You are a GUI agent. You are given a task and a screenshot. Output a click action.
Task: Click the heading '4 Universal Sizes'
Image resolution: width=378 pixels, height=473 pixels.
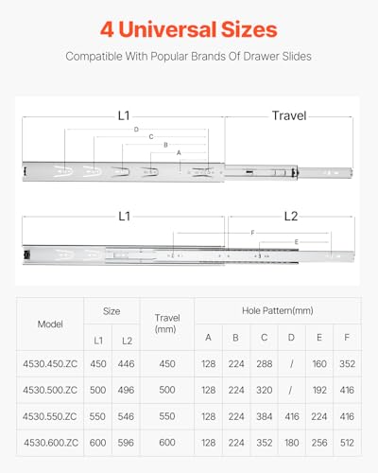[189, 28]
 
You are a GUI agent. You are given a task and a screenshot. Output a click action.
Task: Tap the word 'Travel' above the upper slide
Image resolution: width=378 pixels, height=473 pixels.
[289, 115]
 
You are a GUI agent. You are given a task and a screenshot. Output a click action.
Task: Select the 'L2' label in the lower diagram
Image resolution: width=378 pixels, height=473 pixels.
[291, 217]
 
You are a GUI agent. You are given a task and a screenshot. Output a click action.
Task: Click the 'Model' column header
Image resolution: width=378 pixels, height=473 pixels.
[50, 324]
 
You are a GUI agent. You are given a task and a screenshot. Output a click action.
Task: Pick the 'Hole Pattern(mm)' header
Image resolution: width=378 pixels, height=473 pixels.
[276, 309]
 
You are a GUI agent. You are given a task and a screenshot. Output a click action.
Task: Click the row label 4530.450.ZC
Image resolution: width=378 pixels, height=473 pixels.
[50, 364]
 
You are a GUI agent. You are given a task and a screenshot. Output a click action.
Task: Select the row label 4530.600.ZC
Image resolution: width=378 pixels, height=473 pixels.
[50, 442]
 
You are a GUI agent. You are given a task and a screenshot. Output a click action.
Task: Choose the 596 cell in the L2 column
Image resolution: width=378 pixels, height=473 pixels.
[126, 442]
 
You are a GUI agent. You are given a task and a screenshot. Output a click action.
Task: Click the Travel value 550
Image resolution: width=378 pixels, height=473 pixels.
[166, 415]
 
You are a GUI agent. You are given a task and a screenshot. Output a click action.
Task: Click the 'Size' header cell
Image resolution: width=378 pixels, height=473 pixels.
[112, 309]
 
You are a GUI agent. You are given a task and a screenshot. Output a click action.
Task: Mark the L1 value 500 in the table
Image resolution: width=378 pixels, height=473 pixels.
[98, 390]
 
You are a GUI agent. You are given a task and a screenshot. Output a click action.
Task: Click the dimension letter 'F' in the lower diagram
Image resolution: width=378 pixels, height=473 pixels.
[252, 232]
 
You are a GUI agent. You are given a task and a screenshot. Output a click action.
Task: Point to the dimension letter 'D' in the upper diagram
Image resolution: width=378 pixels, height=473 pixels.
[137, 129]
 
